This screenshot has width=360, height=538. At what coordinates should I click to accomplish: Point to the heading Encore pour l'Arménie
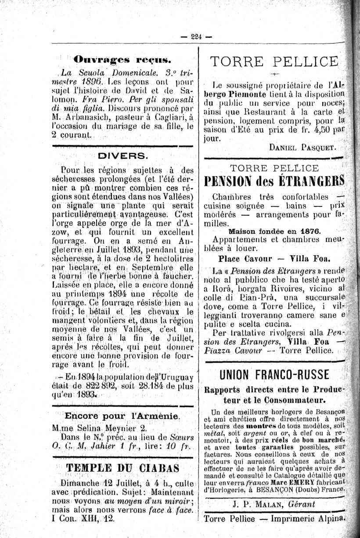click(x=121, y=416)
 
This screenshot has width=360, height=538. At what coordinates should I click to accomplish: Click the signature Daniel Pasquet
click(x=302, y=148)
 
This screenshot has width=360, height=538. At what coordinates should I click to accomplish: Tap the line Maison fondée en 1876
click(x=274, y=231)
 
